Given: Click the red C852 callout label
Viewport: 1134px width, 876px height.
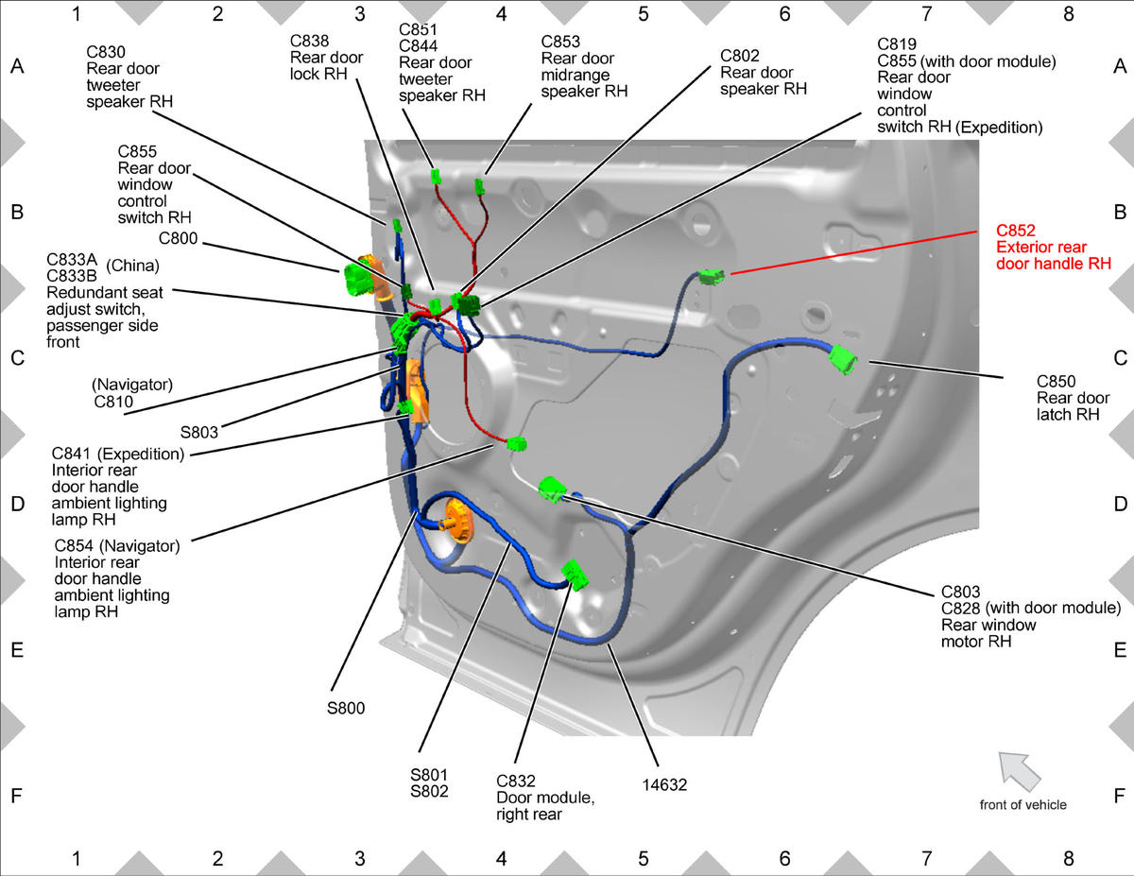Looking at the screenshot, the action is [x=1016, y=230].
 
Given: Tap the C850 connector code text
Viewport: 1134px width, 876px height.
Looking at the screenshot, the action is [x=1057, y=382].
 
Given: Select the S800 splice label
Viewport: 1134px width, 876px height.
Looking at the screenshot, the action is [x=346, y=708].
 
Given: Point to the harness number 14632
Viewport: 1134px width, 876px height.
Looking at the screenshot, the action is [x=664, y=784].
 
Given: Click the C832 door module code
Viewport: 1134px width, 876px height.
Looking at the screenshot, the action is [x=516, y=782].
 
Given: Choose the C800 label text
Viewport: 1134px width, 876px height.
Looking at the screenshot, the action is [x=178, y=238].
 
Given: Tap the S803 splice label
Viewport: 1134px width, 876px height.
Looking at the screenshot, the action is [x=198, y=432].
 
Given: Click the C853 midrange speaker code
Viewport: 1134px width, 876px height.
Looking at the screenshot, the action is [x=560, y=42].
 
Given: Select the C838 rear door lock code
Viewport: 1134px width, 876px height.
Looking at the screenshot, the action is [x=309, y=41].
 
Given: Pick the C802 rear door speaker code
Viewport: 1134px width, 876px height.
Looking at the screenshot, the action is [x=740, y=56].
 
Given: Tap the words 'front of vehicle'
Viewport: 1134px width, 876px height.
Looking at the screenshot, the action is [x=1022, y=804].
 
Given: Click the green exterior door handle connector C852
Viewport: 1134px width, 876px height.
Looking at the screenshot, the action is [x=712, y=277].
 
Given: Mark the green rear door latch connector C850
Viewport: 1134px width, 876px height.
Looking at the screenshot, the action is [x=842, y=359].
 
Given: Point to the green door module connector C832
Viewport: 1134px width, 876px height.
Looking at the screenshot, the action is [x=576, y=575].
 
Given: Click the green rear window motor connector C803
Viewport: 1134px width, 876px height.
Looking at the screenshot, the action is [x=552, y=490].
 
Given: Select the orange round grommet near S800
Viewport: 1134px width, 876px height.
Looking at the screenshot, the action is [x=458, y=520].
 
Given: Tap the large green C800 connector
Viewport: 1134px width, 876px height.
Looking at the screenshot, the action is [x=357, y=279].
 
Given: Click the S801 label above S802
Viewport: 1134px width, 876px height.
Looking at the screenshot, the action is [x=429, y=775].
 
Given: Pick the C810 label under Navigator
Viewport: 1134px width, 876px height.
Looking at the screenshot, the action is [x=113, y=402].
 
